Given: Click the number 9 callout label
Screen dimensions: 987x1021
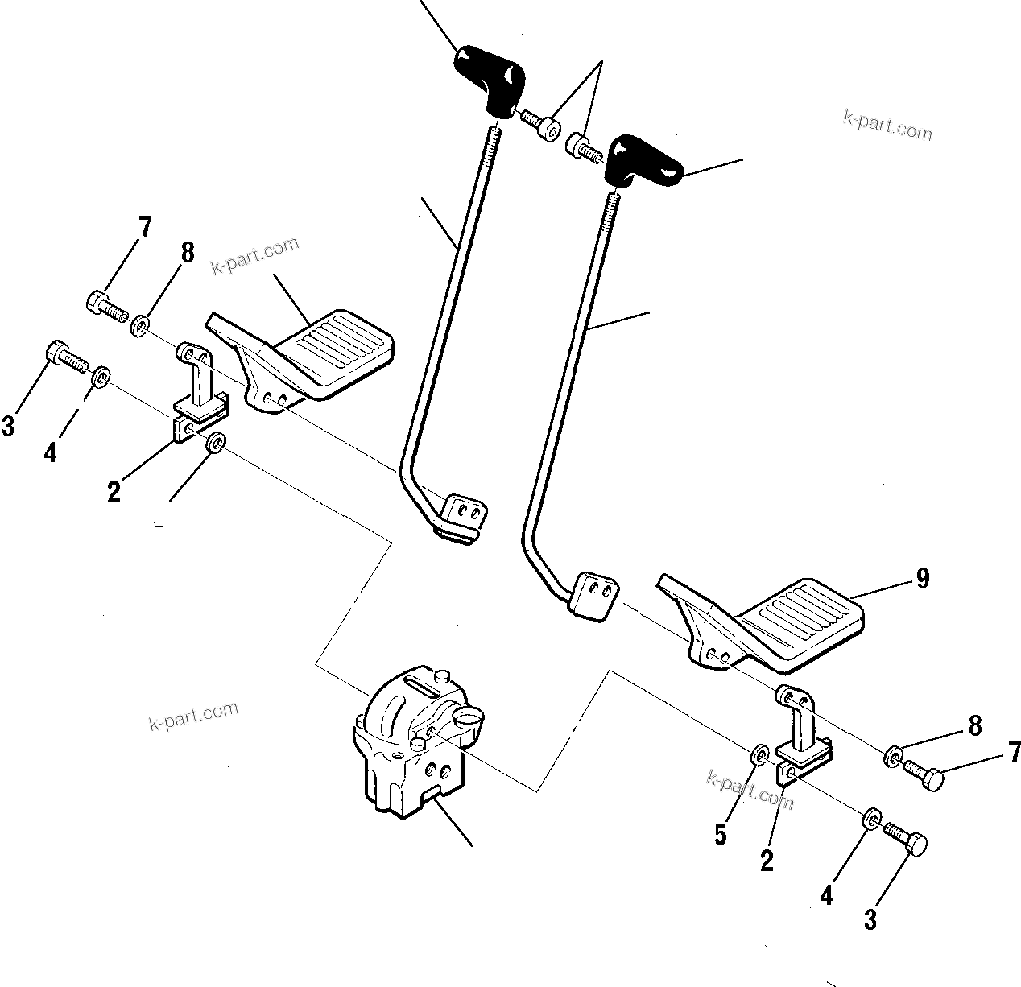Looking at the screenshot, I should click(922, 578).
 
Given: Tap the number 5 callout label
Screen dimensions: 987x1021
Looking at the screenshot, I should click(721, 835).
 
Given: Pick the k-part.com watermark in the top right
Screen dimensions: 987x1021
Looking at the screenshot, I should click(887, 125).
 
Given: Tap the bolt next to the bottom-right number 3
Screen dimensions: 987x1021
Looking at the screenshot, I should click(906, 837).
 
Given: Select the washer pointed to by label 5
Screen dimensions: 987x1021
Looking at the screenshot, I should click(759, 754).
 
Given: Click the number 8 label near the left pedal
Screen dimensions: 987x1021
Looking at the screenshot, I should click(187, 253).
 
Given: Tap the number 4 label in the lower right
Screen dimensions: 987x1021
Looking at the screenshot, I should click(826, 895).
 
